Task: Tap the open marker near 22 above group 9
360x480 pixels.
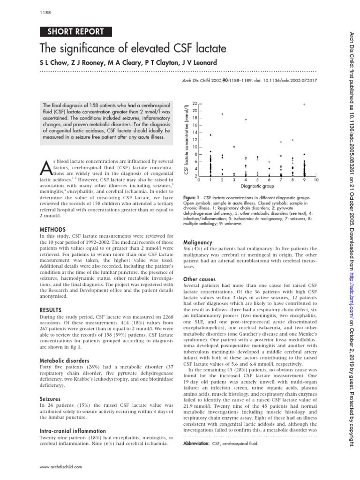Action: tap(304, 104)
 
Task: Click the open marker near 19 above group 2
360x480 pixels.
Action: tap(222, 114)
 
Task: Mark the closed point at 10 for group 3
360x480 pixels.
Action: tap(234, 147)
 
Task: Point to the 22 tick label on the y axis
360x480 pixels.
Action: tap(195, 103)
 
